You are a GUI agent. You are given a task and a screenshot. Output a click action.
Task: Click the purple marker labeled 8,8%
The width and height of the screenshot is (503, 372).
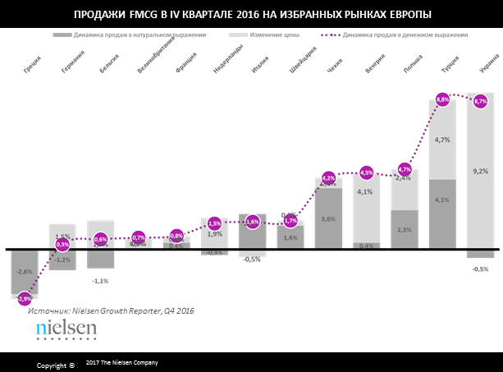coord(442,99)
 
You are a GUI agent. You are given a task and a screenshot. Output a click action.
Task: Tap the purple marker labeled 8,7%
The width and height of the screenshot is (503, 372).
coord(480,100)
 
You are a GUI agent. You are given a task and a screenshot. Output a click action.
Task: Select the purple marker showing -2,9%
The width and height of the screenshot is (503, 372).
coord(25,298)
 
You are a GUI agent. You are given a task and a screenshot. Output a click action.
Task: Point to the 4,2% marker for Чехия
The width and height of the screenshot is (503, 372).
coord(329,178)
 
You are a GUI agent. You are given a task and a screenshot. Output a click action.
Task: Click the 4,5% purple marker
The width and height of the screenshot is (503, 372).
coord(367,172)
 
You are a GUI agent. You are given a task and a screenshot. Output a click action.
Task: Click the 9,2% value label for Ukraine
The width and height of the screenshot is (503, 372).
coord(481,171)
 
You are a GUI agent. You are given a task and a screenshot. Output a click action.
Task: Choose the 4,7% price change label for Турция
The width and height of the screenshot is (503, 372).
coord(442,140)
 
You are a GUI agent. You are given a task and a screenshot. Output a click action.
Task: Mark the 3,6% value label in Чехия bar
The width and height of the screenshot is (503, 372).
coord(329,219)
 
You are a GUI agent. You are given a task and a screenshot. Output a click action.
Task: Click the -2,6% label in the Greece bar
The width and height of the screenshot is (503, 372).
coord(25,272)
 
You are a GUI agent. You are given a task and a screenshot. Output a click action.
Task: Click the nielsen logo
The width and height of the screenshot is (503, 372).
coord(66,329)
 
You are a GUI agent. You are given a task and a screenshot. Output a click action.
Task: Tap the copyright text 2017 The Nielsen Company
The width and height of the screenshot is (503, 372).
coord(121,362)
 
